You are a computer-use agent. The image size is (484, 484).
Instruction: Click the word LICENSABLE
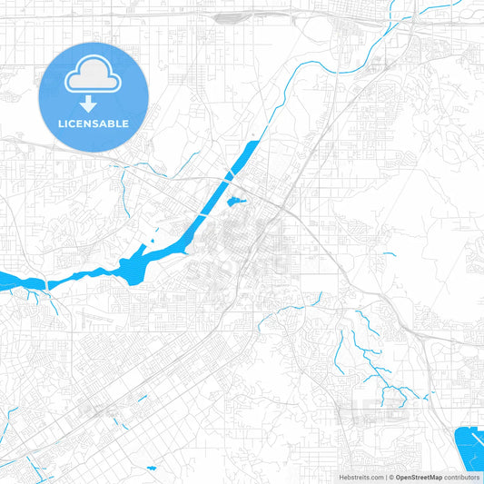pyautogui.click(x=94, y=123)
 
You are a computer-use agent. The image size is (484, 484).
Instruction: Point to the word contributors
pyautogui.click(x=460, y=476)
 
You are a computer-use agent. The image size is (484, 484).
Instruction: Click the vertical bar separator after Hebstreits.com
pyautogui.click(x=383, y=476)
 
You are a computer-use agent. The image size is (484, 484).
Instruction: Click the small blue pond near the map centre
pyautogui.click(x=236, y=201)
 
